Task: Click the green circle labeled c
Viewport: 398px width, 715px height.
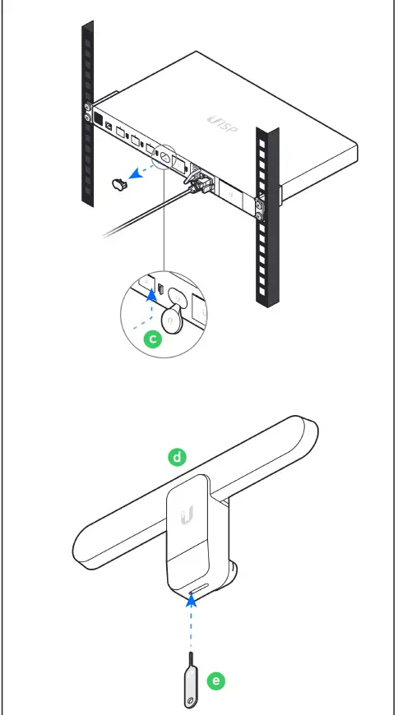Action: pos(153,339)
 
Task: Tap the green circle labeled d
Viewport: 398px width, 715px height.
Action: pos(177,457)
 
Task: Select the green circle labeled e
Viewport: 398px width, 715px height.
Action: pos(216,681)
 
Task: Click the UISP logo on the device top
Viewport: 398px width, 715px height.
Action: pos(223,125)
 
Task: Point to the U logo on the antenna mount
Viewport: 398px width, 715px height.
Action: pos(187,514)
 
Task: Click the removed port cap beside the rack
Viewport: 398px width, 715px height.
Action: pos(120,185)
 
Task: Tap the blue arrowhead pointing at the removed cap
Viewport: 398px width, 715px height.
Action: pos(134,175)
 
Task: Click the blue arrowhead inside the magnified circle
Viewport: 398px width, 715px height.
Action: pos(152,296)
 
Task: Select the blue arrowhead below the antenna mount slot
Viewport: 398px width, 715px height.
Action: pos(192,602)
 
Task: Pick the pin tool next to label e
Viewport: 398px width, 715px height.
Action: pos(191,680)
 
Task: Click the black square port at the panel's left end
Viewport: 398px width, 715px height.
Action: pos(98,118)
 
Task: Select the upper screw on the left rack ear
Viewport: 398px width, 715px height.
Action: pos(87,108)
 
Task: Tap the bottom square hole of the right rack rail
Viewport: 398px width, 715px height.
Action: pos(262,291)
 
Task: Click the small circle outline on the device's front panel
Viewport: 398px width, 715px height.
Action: pos(164,157)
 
